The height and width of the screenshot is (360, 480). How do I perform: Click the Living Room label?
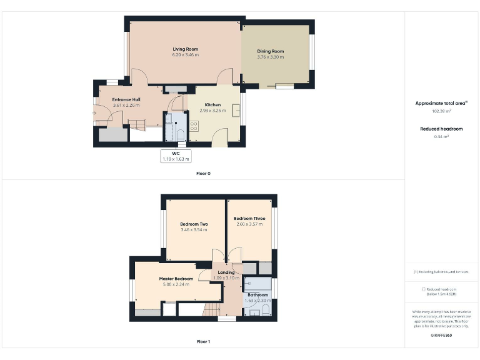(185, 49)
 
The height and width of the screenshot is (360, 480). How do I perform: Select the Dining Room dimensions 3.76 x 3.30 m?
(270, 57)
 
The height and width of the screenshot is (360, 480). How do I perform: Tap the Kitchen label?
(212, 104)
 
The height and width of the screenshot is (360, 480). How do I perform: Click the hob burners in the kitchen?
(194, 126)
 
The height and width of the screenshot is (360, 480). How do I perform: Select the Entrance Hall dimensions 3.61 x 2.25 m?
(126, 105)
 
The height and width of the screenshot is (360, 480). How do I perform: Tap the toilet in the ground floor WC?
(179, 134)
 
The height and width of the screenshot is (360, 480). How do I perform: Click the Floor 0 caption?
(203, 173)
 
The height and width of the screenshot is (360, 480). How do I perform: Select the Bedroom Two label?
(194, 224)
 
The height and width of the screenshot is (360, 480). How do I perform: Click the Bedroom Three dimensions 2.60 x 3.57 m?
(249, 224)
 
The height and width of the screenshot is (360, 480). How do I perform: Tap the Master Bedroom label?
(176, 278)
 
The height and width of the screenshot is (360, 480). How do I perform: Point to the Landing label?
(226, 272)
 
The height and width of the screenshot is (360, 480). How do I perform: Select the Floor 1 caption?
(203, 342)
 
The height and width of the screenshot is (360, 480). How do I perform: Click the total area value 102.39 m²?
(442, 111)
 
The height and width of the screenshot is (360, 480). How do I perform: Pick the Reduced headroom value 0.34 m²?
(442, 136)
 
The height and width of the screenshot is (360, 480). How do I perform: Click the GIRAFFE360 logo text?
(441, 336)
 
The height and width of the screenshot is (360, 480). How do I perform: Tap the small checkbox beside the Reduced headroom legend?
(424, 289)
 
